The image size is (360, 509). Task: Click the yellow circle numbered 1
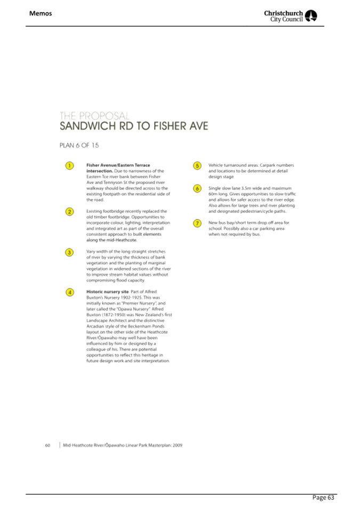pyautogui.click(x=69, y=166)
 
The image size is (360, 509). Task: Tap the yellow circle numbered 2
pyautogui.click(x=69, y=212)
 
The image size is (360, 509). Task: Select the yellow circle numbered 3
pyautogui.click(x=69, y=252)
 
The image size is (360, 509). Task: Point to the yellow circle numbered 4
pyautogui.click(x=69, y=292)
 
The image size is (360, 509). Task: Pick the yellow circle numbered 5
pyautogui.click(x=197, y=166)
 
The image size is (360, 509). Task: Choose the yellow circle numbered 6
pyautogui.click(x=197, y=189)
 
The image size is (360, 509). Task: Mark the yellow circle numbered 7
pyautogui.click(x=197, y=223)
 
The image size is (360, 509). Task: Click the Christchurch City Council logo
pyautogui.click(x=291, y=16)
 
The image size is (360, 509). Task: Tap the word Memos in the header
pyautogui.click(x=41, y=13)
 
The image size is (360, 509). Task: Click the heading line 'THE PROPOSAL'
pyautogui.click(x=94, y=116)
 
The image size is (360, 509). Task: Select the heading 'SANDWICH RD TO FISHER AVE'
pyautogui.click(x=133, y=126)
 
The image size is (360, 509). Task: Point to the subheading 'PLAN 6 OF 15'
pyautogui.click(x=79, y=146)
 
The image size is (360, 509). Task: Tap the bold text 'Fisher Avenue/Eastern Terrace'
pyautogui.click(x=118, y=166)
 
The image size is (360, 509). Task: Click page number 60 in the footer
pyautogui.click(x=47, y=445)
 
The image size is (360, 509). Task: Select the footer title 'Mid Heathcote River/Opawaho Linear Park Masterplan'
pyautogui.click(x=117, y=445)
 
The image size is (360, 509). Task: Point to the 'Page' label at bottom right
pyautogui.click(x=319, y=498)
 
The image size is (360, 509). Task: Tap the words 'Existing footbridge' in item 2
pyautogui.click(x=105, y=212)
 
